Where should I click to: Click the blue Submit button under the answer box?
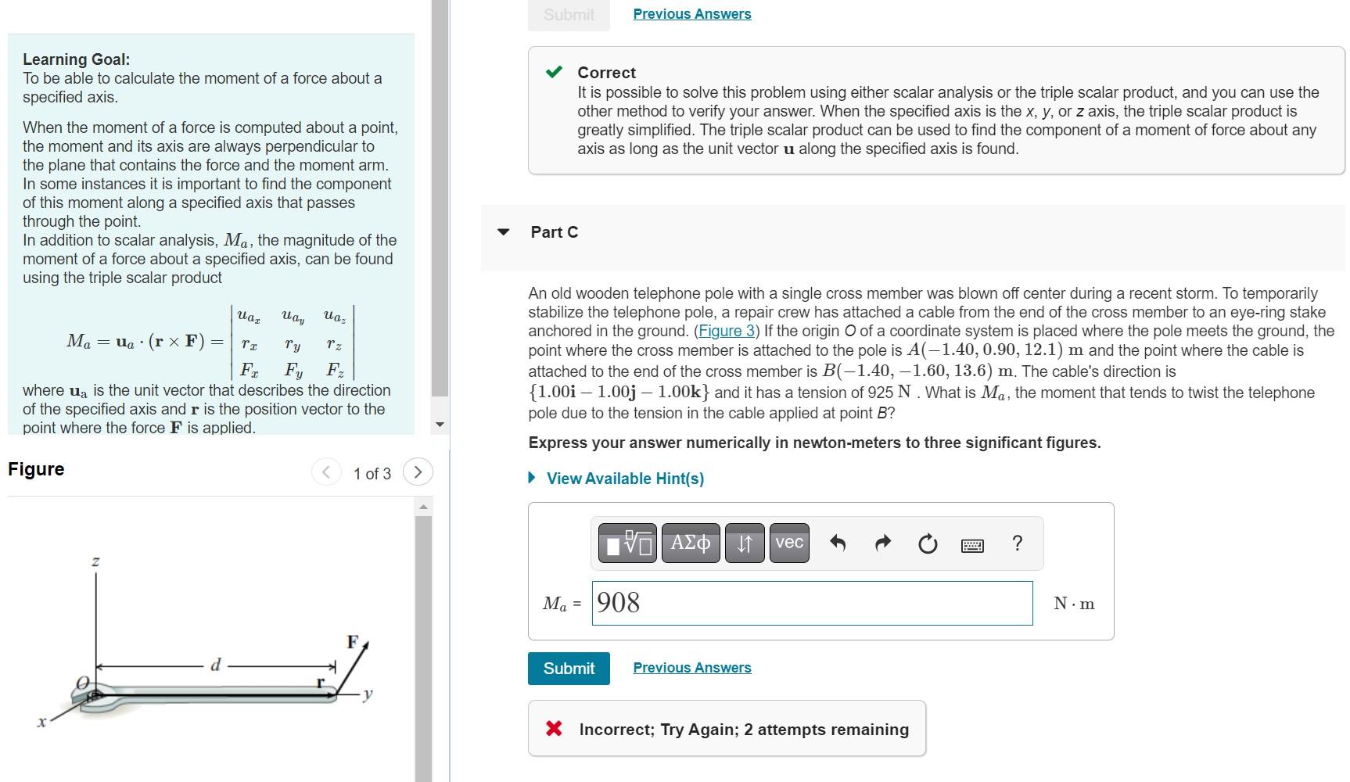coord(569,669)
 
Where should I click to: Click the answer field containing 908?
coord(812,603)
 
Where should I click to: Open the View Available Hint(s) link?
coord(625,479)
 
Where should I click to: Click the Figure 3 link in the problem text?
coord(727,331)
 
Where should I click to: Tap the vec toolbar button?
coord(789,543)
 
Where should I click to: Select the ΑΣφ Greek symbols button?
coord(691,543)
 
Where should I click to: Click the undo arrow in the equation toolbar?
coord(838,543)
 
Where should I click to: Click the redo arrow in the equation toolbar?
coord(882,543)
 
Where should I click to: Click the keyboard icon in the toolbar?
coord(972,545)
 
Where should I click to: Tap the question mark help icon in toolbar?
coord(1017,543)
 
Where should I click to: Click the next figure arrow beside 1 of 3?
coord(418,472)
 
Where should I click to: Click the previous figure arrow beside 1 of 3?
coord(326,472)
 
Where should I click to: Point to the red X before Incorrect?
coord(554,729)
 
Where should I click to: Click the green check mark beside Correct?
coord(554,73)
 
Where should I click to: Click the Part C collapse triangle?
coord(504,232)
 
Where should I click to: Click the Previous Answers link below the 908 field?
coord(691,668)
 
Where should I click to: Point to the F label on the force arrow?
coord(353,642)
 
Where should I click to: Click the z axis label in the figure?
coord(95,561)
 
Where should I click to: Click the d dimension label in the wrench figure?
coord(216,665)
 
